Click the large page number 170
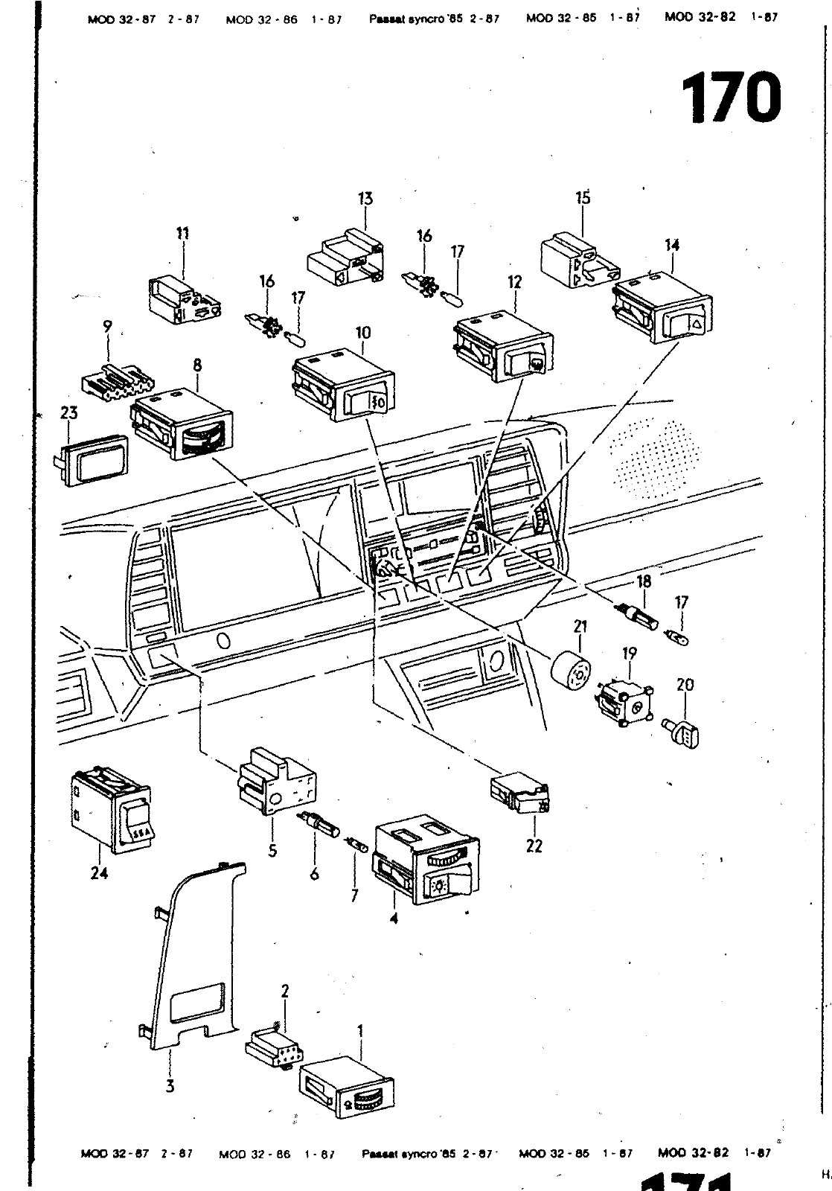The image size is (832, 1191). click(x=732, y=98)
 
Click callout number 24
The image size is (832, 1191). click(x=99, y=872)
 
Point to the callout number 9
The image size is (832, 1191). click(x=108, y=326)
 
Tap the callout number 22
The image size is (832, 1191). click(x=534, y=846)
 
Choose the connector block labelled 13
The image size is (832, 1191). click(x=345, y=257)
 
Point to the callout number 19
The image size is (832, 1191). click(x=630, y=654)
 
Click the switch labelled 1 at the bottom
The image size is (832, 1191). click(x=345, y=1086)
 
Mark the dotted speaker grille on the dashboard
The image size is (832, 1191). click(x=654, y=454)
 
